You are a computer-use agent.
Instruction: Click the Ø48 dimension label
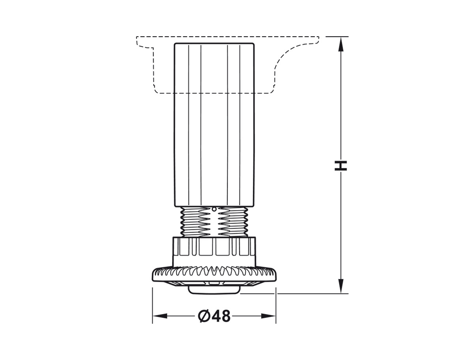click(x=214, y=316)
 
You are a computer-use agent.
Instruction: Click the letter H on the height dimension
click(x=341, y=166)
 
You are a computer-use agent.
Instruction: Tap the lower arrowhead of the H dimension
click(x=341, y=285)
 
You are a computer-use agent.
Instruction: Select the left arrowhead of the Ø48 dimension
click(x=160, y=316)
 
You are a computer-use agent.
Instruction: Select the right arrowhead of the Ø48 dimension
click(x=268, y=316)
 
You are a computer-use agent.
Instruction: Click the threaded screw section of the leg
click(x=214, y=222)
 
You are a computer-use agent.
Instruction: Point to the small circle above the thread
click(x=214, y=209)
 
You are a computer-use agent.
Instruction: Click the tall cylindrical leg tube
click(x=214, y=125)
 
